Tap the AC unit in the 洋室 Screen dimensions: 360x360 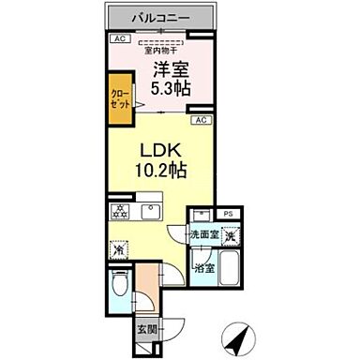pos(118,38)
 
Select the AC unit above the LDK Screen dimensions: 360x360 pos(201,121)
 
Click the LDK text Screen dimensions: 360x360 pos(160,150)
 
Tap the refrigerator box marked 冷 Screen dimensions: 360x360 pos(118,250)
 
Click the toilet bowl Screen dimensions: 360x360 pos(117,285)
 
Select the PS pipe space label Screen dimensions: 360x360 pos(228,214)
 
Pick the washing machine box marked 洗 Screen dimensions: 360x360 pos(230,237)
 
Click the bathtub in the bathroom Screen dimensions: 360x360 pos(232,277)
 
